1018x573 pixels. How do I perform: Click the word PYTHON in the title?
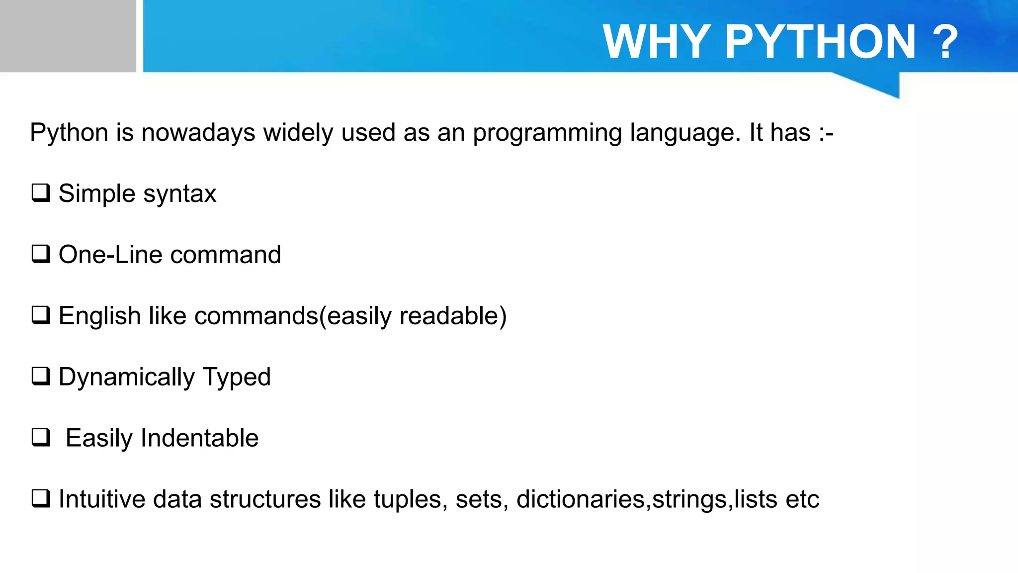pos(820,42)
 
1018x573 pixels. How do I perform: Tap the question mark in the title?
pos(945,42)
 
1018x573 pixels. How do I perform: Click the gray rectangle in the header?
pos(68,36)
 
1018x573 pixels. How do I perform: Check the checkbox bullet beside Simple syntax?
pos(41,192)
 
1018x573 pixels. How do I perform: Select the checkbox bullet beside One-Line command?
pos(41,254)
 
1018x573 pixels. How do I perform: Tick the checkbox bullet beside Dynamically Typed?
pos(41,376)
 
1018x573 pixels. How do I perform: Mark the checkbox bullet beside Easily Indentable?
pos(41,437)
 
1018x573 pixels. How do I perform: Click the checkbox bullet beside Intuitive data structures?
pos(41,498)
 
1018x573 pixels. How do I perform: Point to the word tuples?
pos(408,500)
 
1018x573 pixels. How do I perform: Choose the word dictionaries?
pos(580,499)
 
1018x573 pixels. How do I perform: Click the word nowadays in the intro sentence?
pos(198,133)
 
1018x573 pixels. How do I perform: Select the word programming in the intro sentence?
pos(547,133)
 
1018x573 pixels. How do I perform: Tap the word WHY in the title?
pos(657,42)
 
